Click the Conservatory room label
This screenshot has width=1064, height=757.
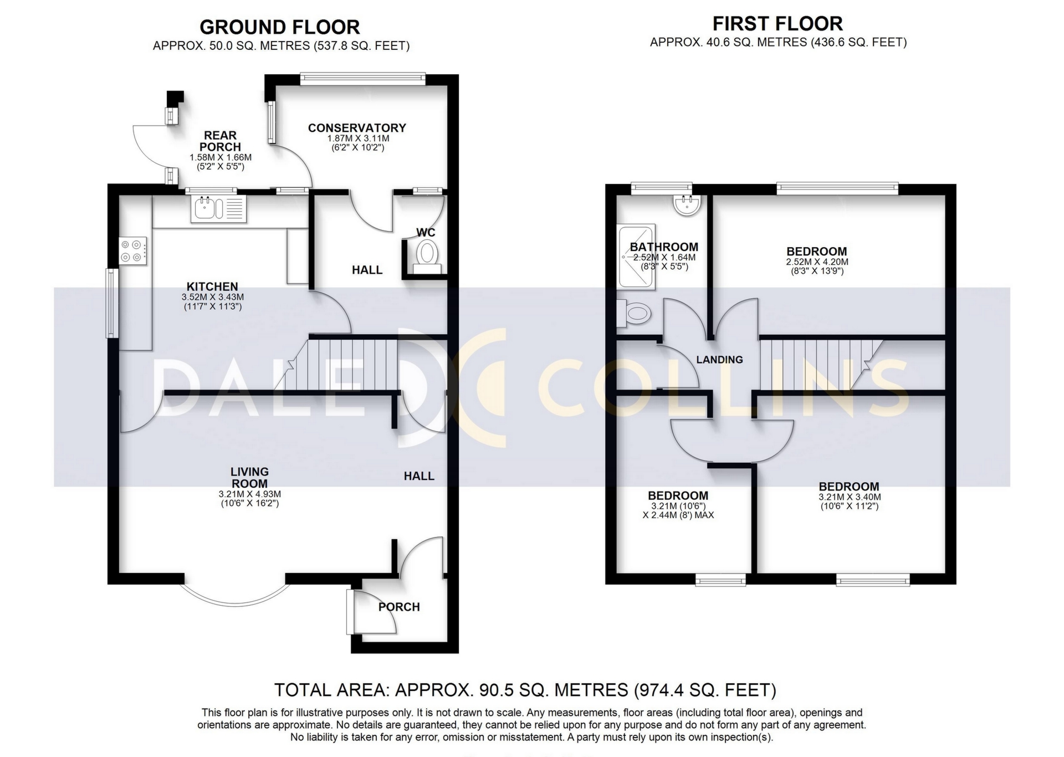coord(357,128)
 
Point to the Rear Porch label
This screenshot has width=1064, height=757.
coord(220,141)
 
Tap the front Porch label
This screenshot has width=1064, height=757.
coord(399,607)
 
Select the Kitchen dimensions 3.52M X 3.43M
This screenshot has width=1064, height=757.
coord(212,298)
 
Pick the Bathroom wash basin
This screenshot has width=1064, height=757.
coord(687,204)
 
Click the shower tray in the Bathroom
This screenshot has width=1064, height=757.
coord(637,256)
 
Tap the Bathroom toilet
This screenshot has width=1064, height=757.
coord(633,314)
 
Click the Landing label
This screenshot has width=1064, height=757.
coord(719,360)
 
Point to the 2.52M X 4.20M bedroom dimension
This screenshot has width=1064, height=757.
coord(817,262)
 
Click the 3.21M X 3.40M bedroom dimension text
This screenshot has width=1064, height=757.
coord(850,497)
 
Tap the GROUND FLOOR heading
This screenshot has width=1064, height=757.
coord(279,27)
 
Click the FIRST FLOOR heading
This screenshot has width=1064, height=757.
coord(777,24)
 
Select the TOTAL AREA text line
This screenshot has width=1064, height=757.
coord(525,690)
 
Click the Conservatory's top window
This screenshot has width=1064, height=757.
coord(363,79)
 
